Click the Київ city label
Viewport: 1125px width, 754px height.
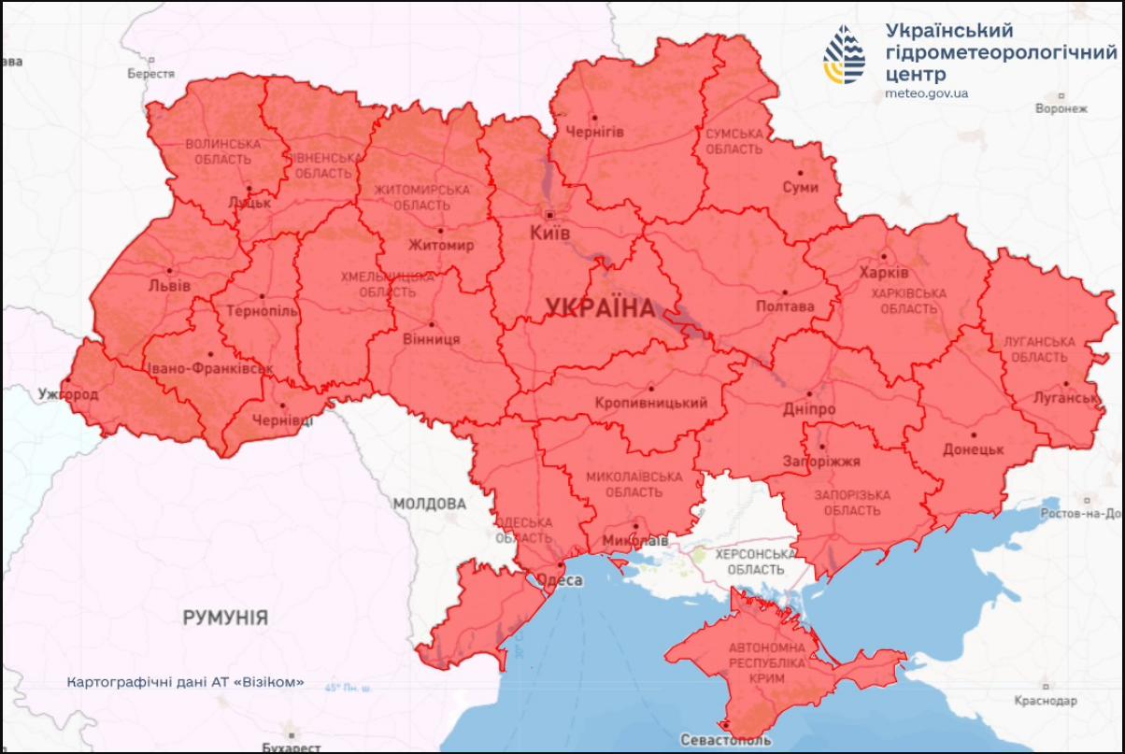(549, 233)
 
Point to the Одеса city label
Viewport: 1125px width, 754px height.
(562, 580)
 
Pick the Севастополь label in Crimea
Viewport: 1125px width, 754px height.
(726, 739)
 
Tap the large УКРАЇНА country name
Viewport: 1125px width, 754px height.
(600, 307)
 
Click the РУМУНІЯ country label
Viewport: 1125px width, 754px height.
(225, 618)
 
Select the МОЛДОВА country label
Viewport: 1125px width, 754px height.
(429, 504)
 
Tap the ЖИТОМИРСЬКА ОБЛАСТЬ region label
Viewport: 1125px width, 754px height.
(421, 197)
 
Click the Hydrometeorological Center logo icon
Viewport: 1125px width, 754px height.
(843, 54)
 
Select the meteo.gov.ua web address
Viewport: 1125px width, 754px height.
(926, 93)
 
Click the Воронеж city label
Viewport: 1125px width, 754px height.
(1061, 108)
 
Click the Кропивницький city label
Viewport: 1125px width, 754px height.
(650, 403)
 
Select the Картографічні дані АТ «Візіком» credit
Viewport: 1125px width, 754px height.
(185, 682)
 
